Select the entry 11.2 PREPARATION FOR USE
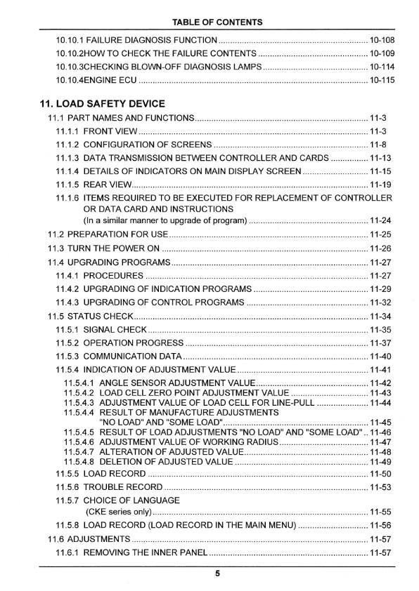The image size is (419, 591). pyautogui.click(x=108, y=234)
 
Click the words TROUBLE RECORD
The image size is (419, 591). pyautogui.click(x=123, y=487)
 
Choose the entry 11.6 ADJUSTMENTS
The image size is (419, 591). pyautogui.click(x=88, y=539)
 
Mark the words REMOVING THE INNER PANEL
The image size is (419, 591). pyautogui.click(x=145, y=553)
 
